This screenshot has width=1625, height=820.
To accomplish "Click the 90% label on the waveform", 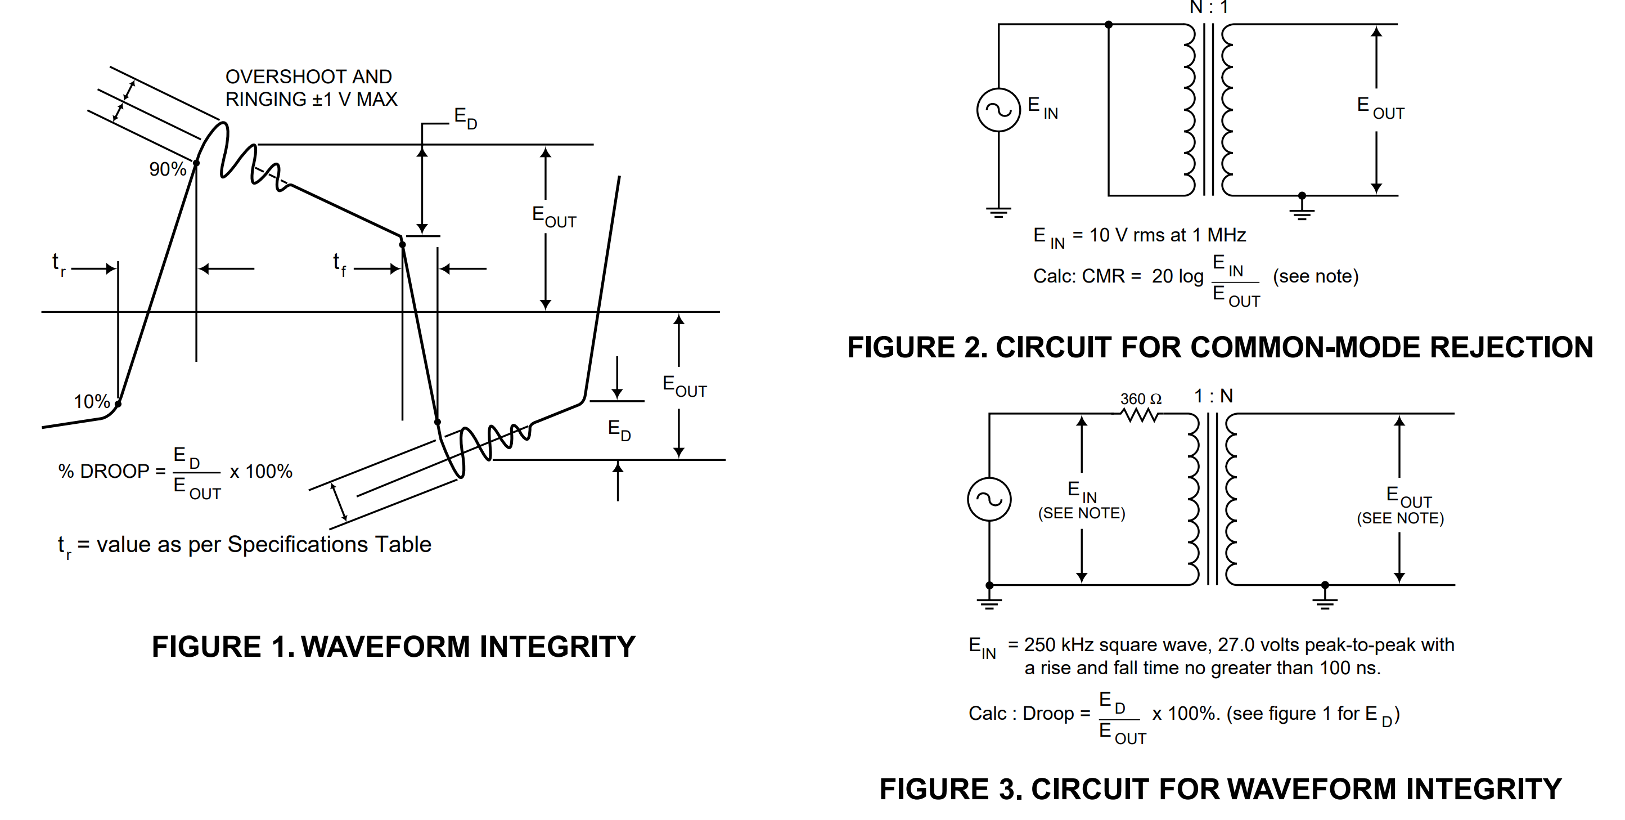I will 167,169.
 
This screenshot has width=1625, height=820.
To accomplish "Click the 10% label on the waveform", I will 92,401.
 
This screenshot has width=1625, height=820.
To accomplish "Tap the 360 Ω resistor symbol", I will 1140,415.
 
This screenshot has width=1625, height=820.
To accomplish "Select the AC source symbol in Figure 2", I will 998,110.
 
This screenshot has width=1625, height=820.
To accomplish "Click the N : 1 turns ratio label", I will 1209,7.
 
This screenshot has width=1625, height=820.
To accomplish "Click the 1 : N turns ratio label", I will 1213,396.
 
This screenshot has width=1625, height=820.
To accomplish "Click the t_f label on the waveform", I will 339,264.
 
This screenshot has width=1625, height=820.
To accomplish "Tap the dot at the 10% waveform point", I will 118,404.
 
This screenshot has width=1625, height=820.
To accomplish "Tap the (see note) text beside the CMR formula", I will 1315,276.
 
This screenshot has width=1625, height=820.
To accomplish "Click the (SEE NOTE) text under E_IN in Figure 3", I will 1081,513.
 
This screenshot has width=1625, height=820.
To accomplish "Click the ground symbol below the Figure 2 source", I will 998,212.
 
